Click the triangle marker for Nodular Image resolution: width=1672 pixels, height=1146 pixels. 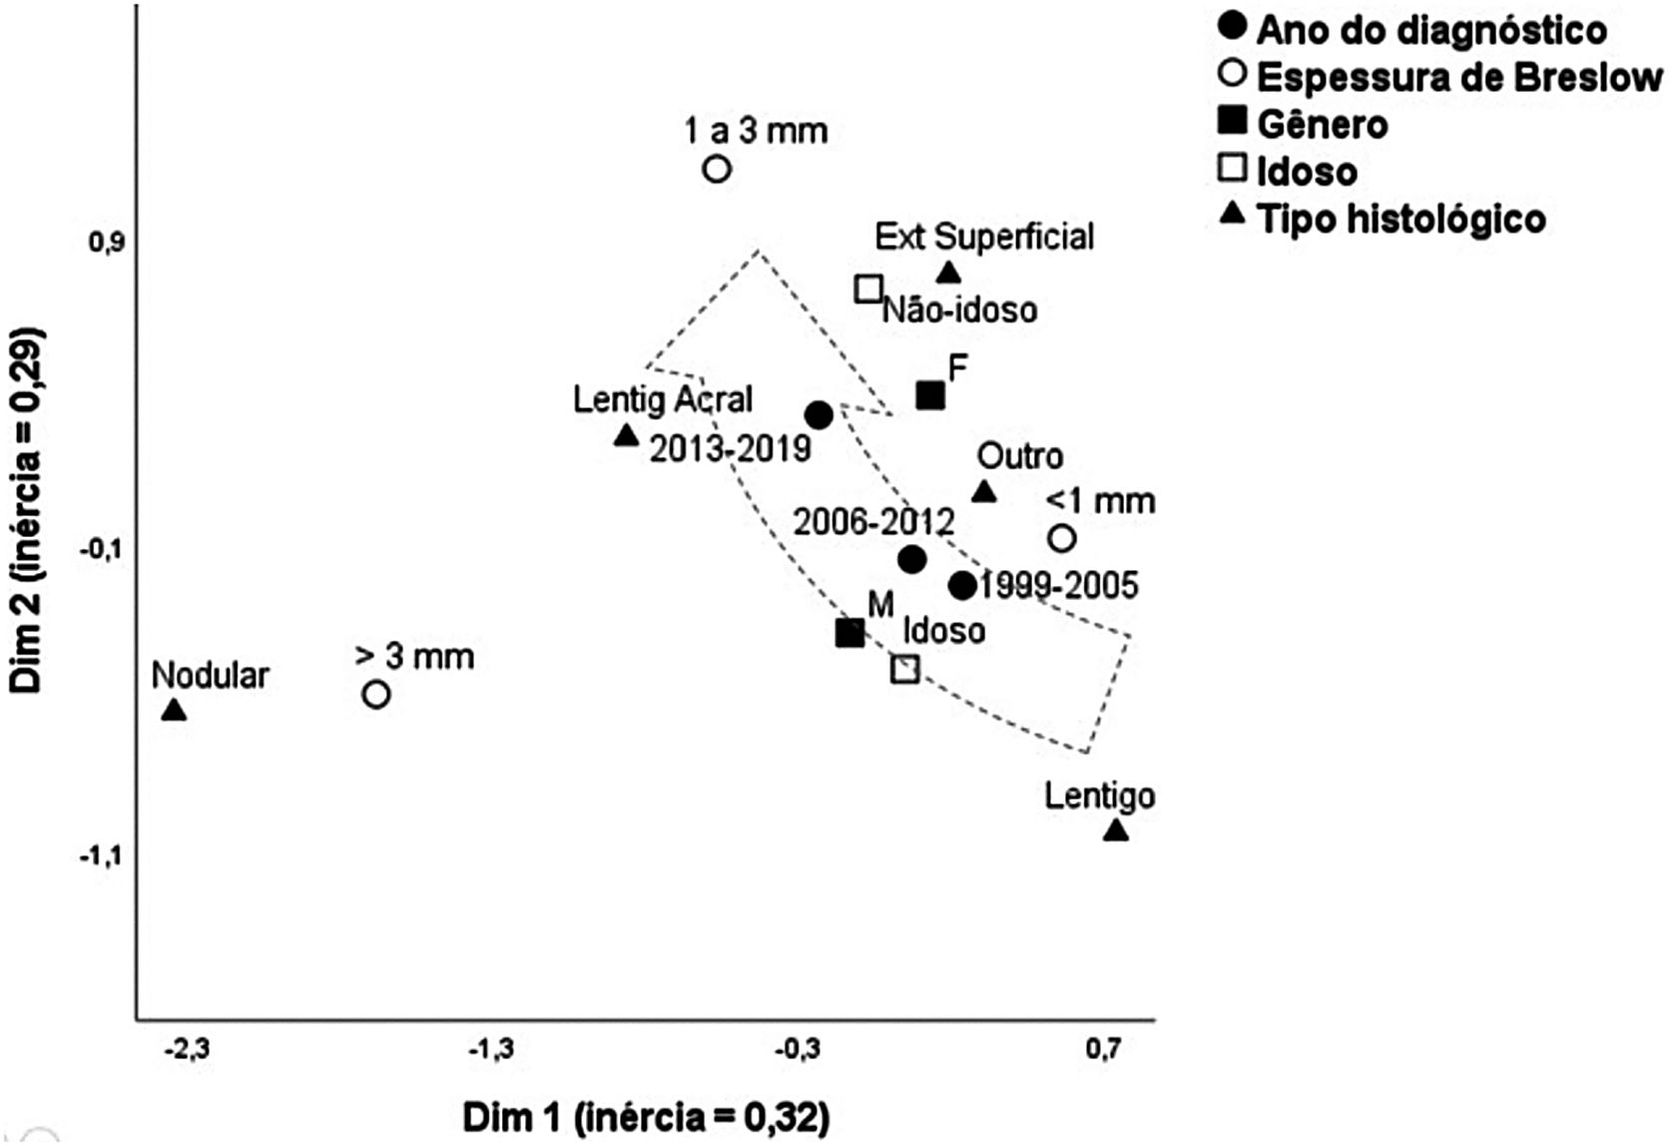click(175, 711)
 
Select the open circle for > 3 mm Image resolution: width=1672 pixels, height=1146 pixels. click(376, 694)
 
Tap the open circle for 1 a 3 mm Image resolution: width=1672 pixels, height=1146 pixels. click(717, 170)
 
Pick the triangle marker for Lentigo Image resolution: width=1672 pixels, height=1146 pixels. click(1116, 831)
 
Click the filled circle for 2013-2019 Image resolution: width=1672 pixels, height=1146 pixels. click(819, 415)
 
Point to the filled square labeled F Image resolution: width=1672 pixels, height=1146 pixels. click(930, 395)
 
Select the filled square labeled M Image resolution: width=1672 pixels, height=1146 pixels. click(849, 633)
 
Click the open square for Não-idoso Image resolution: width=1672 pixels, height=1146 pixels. click(869, 289)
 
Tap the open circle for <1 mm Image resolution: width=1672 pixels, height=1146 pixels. click(1062, 539)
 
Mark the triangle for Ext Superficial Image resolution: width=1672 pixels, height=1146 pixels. click(949, 273)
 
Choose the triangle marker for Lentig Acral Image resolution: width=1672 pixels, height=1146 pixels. click(626, 435)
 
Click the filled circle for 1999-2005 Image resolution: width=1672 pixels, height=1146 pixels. click(962, 586)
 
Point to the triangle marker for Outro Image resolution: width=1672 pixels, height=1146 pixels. click(984, 492)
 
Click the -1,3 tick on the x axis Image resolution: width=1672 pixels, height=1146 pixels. click(491, 1050)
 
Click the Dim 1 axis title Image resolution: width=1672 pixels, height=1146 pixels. click(646, 1117)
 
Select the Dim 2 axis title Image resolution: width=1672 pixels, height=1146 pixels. click(27, 509)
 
